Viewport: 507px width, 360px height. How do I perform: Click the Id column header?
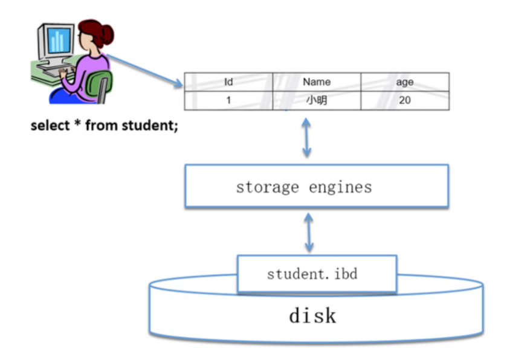[x=228, y=82]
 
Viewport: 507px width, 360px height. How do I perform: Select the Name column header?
[x=317, y=82]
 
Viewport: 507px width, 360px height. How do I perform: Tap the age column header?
[x=405, y=82]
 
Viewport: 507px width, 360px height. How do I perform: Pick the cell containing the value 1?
[x=228, y=100]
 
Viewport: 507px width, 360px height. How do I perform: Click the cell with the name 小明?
[x=317, y=100]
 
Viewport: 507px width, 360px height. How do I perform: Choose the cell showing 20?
[x=405, y=100]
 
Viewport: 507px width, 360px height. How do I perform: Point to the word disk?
[x=312, y=315]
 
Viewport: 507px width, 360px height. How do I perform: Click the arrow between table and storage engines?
[x=307, y=137]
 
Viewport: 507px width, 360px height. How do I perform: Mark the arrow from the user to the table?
[x=145, y=70]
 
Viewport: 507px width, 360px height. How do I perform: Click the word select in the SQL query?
[x=50, y=127]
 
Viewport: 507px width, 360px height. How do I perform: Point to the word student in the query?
[x=153, y=127]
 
